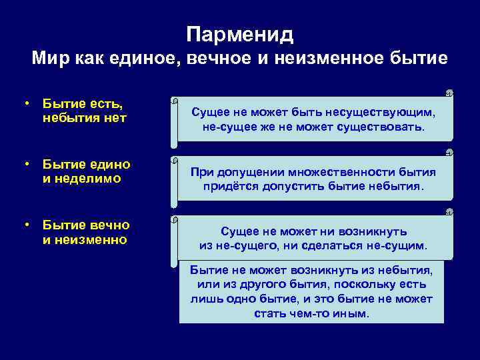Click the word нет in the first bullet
(116, 117)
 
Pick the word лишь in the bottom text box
(196, 298)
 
